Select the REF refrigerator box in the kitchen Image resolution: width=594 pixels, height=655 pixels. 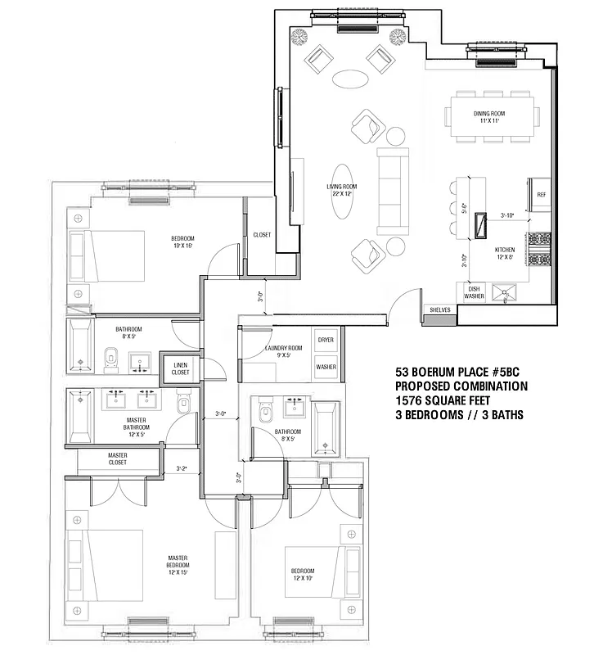tap(541, 195)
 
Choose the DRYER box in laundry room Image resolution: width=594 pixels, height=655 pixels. tap(326, 339)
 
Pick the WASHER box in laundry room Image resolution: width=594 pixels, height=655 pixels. tap(326, 367)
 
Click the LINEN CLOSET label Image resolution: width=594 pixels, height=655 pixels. tap(180, 368)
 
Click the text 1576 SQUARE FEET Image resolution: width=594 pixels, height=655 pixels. tap(447, 400)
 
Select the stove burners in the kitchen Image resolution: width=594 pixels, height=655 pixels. tap(541, 250)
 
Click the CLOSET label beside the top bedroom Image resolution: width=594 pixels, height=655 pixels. tap(262, 235)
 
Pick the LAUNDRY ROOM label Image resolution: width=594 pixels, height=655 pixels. tap(283, 352)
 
